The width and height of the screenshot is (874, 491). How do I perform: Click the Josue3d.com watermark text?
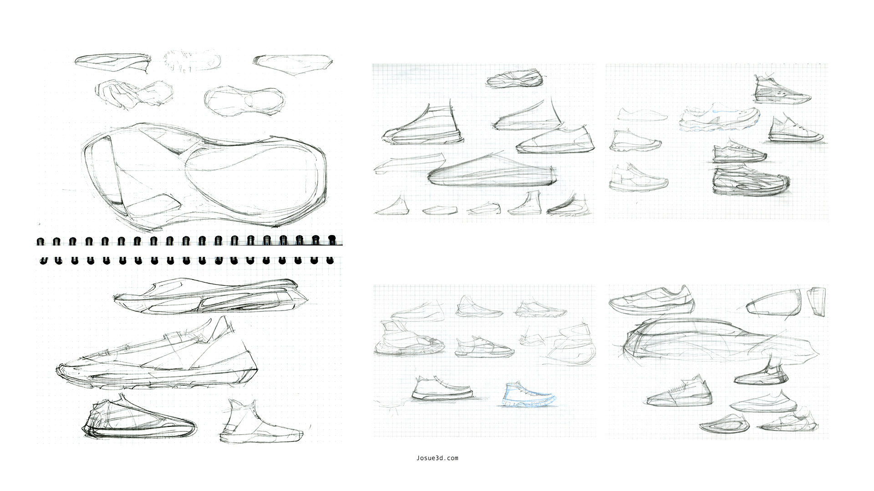tap(437, 458)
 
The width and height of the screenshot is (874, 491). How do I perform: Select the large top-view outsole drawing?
tap(205, 175)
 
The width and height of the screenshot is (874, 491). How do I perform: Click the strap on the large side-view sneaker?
tap(174, 340)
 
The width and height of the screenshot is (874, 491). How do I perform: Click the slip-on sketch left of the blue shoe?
tap(442, 390)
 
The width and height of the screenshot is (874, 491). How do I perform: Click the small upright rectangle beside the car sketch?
tap(817, 301)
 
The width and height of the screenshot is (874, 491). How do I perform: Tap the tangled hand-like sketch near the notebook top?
tap(133, 94)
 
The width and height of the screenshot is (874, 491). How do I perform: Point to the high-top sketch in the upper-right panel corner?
tap(781, 89)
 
